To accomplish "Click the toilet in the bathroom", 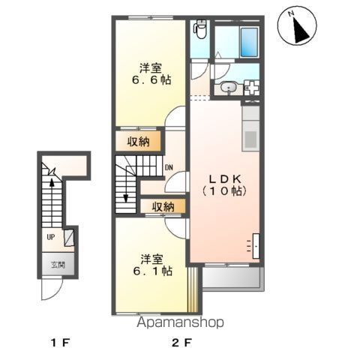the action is (200, 29).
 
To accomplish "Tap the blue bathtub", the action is (249, 43).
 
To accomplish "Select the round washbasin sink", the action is (229, 88).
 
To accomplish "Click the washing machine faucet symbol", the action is (252, 88).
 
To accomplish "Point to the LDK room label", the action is (225, 178).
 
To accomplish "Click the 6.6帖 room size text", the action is (151, 80).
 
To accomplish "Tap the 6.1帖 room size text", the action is (152, 271).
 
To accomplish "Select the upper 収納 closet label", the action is (138, 142).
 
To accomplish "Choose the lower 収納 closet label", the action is (163, 206).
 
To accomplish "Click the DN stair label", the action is (169, 167).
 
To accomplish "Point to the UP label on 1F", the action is (51, 237).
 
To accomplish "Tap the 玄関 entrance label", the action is (58, 265).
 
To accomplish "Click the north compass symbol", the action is (297, 26).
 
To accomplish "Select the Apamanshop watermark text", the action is (180, 322).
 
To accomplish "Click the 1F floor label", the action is (60, 343).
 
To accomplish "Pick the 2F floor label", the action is (181, 343).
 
